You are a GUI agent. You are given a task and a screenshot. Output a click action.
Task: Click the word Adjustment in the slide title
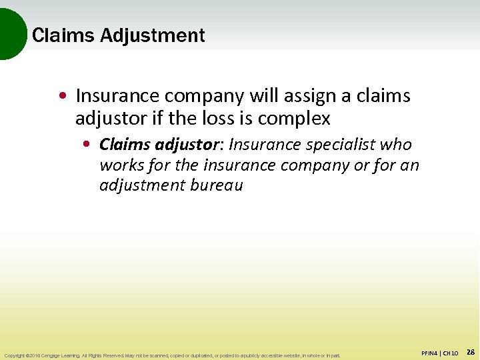coord(153,35)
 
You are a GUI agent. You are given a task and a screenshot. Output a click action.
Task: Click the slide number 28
coord(470,351)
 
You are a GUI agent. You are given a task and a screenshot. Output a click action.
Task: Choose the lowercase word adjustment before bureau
coord(138,185)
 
